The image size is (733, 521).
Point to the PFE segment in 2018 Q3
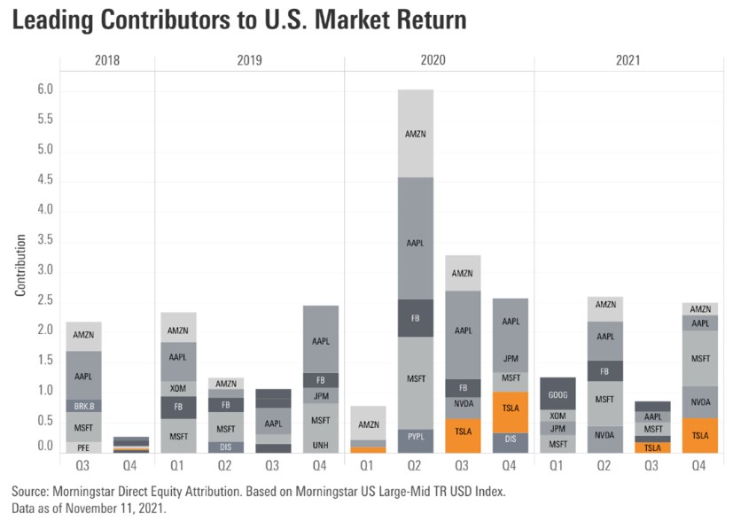click(x=83, y=447)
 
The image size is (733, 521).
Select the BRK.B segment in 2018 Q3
click(x=83, y=406)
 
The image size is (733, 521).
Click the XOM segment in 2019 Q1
click(x=178, y=388)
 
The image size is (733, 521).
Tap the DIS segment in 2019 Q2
click(x=226, y=447)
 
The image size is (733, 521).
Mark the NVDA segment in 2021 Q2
click(x=604, y=435)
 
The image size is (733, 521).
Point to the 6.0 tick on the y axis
click(x=44, y=90)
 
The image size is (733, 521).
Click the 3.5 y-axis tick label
click(x=44, y=240)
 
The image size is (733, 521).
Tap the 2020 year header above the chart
click(x=439, y=61)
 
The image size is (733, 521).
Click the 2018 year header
click(x=107, y=61)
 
